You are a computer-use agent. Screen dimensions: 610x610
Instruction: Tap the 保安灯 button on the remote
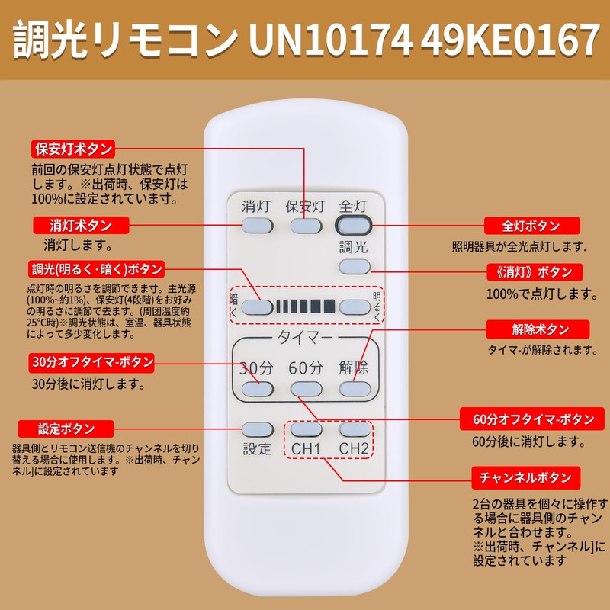305,226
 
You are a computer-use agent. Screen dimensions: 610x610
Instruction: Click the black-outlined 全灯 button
354,226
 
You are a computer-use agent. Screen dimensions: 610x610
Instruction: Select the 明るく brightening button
354,307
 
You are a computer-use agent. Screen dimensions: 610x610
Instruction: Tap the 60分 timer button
305,389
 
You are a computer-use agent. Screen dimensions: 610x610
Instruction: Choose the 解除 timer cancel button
354,389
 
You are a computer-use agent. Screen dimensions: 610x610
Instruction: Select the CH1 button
305,430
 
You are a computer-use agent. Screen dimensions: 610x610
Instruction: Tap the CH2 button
354,430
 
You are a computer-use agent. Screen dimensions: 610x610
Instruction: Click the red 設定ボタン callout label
66,429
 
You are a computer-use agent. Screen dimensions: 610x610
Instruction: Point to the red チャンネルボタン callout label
525,478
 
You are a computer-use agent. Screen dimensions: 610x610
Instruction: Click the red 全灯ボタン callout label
532,226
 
